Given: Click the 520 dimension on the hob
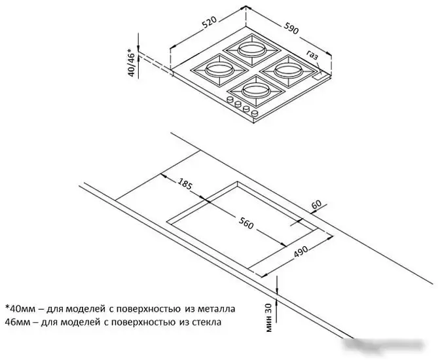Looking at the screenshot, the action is coord(210,22).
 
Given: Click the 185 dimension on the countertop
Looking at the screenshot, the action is coord(185,183).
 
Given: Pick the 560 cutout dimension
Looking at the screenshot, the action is coord(246,223).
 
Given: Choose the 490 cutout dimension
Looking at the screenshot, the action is coord(301,251).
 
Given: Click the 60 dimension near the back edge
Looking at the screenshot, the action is coord(317,205).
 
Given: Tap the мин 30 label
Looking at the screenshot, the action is coord(268,317).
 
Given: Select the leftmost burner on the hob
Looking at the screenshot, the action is coord(219,70).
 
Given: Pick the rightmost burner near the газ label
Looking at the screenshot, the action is coord(289,71).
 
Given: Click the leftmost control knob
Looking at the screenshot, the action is coord(230,99).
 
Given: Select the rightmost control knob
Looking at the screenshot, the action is coord(255,113).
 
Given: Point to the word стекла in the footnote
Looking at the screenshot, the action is coord(207,322).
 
